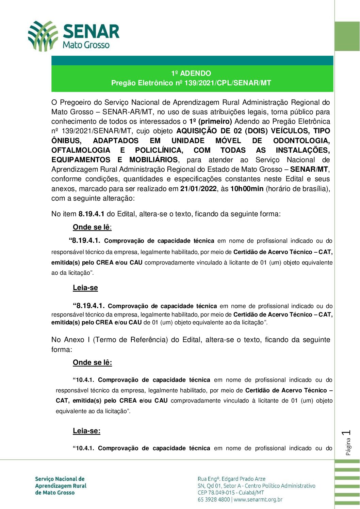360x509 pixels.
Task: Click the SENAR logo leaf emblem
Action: tap(43, 36)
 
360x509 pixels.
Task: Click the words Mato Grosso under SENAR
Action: tap(86, 45)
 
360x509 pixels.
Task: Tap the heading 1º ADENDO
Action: tap(191, 73)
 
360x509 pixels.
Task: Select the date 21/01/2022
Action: tap(198, 189)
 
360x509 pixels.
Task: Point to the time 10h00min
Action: tap(247, 189)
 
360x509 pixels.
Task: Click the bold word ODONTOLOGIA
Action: tap(301, 141)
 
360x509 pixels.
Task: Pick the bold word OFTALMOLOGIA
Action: tap(81, 150)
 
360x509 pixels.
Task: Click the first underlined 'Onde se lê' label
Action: tap(92, 227)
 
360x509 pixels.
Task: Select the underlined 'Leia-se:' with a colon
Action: tap(86, 431)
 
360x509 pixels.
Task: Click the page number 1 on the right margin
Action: tap(347, 433)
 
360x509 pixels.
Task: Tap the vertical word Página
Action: tap(348, 446)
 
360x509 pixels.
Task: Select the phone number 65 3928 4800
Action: tap(214, 499)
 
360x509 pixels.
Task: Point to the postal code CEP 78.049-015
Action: tap(217, 493)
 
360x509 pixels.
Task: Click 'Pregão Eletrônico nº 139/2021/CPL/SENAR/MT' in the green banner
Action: tap(191, 83)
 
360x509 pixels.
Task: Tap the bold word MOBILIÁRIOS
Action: tap(153, 160)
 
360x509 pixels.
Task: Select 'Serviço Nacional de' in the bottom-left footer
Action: tap(60, 479)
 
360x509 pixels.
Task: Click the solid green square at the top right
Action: tap(347, 36)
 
